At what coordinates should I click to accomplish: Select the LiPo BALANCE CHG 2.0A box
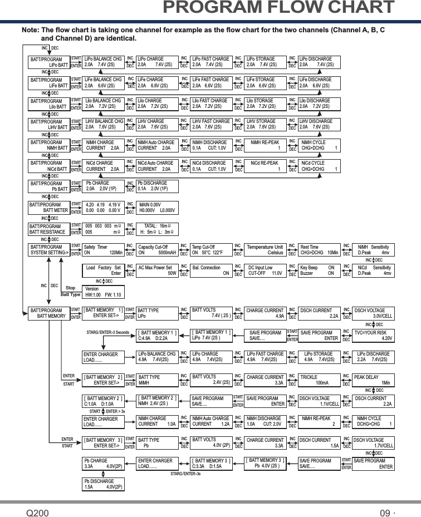point(103,61)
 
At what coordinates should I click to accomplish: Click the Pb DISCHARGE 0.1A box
point(156,185)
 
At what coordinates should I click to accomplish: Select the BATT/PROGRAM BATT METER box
point(48,208)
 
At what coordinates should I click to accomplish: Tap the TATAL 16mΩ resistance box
point(158,228)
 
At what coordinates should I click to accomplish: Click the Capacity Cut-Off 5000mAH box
point(157,249)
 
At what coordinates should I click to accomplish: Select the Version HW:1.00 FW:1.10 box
point(104,291)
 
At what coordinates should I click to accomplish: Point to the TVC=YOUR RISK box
point(374,335)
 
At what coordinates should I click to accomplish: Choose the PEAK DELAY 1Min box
point(374,380)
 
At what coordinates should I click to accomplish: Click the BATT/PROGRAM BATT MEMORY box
point(48,313)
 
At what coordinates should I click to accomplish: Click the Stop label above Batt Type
point(71,288)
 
